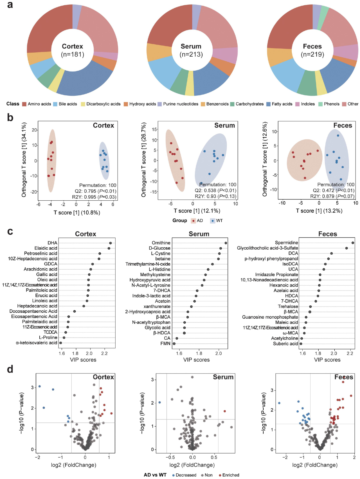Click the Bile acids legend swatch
[55, 104]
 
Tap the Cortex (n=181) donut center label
[73, 50]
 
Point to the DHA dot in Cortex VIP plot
[111, 243]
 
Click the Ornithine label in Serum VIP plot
[161, 243]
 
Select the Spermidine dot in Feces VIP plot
[353, 243]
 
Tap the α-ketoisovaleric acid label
[37, 343]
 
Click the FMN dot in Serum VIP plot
[174, 344]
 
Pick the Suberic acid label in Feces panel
[285, 344]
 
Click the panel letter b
[10, 117]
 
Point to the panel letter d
[10, 369]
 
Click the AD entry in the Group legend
[197, 221]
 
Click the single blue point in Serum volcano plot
[160, 402]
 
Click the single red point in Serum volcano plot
[225, 411]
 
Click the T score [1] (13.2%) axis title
[319, 211]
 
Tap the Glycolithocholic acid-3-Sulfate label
[267, 248]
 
